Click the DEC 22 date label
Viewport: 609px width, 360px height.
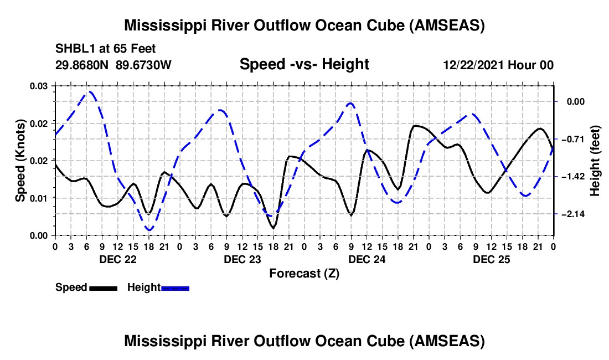point(117,259)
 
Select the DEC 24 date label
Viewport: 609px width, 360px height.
point(367,259)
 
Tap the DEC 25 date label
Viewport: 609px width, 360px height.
point(491,259)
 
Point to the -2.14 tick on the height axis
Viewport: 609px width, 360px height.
point(573,214)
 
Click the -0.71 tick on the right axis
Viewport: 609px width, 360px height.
point(573,139)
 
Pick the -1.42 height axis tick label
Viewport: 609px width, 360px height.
point(573,177)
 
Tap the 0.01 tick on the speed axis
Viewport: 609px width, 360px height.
point(39,198)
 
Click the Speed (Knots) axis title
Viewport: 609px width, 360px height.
point(20,161)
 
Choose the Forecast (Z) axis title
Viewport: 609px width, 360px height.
point(304,273)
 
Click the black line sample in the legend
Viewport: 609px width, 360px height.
point(103,288)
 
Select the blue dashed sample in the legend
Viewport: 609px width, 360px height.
point(176,288)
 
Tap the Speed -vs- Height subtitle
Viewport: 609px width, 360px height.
point(304,65)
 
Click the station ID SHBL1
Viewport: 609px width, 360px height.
point(73,48)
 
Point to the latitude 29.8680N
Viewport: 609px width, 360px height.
point(83,65)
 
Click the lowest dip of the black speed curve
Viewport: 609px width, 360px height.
point(273,227)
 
